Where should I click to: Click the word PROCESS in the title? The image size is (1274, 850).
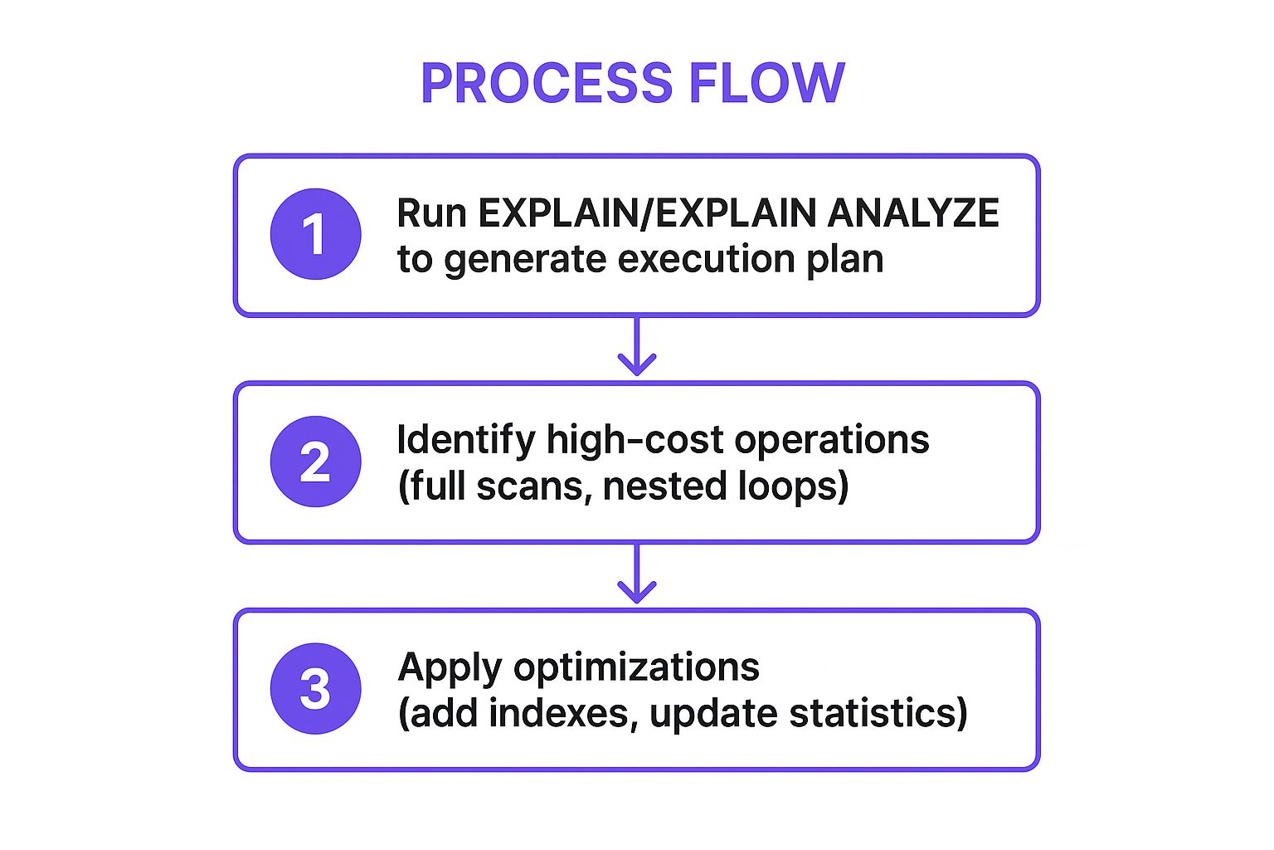tap(546, 83)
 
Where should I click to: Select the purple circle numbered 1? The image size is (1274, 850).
tap(315, 234)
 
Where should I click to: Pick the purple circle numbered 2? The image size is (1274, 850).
tap(315, 462)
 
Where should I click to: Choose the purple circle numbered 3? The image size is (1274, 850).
tap(315, 689)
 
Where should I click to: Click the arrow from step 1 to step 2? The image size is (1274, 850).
tap(636, 349)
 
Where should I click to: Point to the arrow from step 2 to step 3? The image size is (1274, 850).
tap(636, 576)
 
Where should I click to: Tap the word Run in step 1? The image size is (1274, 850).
tap(431, 213)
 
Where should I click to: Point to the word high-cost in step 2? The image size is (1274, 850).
tap(635, 441)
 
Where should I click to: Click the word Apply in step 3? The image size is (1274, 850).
tap(450, 668)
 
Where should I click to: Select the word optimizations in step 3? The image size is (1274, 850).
tap(636, 667)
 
